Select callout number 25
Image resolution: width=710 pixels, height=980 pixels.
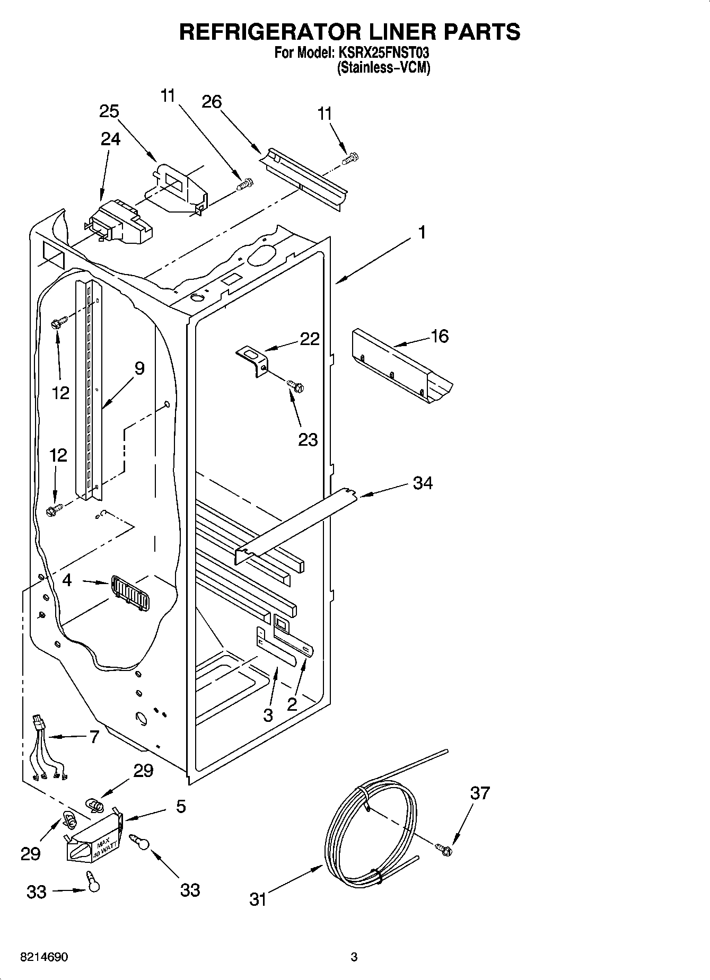[x=109, y=112]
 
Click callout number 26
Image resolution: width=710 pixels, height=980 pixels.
[x=212, y=101]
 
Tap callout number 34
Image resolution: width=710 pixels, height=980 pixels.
[x=423, y=483]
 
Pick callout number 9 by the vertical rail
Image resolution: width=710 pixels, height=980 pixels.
[x=139, y=368]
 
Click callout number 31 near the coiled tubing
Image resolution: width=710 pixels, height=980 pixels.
[x=258, y=899]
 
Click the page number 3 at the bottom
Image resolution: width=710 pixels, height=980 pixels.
[x=354, y=958]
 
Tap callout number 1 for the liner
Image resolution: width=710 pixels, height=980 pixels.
[x=422, y=232]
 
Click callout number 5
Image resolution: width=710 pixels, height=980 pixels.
[x=181, y=807]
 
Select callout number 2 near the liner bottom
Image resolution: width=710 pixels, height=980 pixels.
[x=292, y=704]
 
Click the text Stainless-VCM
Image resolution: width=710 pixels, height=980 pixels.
[x=384, y=68]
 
